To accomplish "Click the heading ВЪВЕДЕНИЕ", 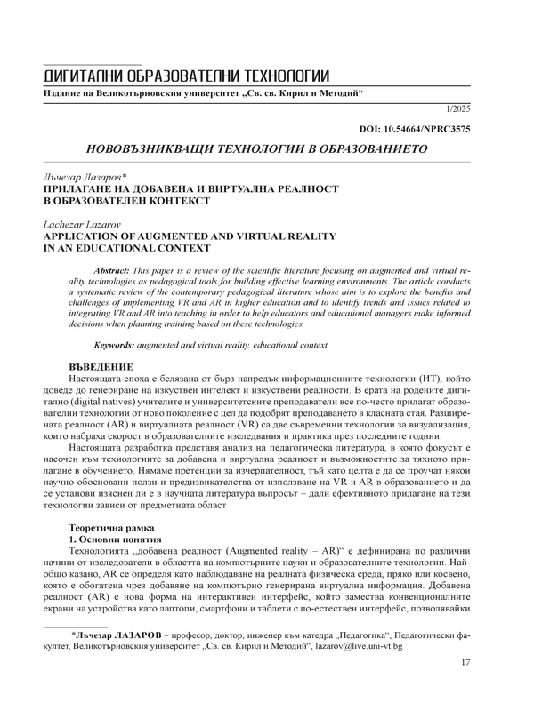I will (x=101, y=366).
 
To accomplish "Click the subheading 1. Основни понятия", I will (x=115, y=539).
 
